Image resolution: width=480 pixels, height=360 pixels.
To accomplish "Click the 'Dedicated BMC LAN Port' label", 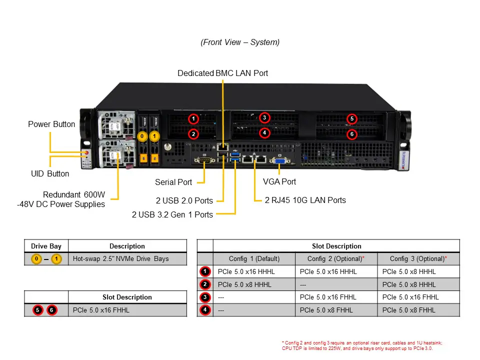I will (x=222, y=73).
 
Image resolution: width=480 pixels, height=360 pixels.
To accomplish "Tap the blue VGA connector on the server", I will (x=279, y=160).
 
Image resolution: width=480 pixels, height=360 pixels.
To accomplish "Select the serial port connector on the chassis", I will (x=204, y=160).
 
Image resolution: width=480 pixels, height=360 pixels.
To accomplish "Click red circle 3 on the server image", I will (x=264, y=117).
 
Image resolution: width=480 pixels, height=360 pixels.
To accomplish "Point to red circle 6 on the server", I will (x=352, y=134).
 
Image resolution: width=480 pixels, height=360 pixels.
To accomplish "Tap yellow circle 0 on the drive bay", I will (x=142, y=136).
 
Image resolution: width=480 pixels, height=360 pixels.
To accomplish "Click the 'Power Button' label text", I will (x=51, y=124).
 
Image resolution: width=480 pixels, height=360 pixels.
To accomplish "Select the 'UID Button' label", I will (x=50, y=173).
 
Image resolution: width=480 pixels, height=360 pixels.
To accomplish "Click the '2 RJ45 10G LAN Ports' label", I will (x=305, y=200).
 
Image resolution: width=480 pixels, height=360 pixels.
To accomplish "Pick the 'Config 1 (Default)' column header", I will (x=254, y=258).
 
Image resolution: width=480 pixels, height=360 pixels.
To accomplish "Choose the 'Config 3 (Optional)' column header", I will (x=418, y=258).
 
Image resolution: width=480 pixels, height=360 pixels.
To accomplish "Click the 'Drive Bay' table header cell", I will (x=46, y=246).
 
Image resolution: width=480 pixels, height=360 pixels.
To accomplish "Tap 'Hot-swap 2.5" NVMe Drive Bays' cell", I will (x=121, y=259).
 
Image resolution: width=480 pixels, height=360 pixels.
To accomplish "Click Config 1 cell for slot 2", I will (x=244, y=284).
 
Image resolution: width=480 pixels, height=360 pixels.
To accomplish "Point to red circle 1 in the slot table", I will (x=205, y=271).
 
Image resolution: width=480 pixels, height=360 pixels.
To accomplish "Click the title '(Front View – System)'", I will (x=240, y=42).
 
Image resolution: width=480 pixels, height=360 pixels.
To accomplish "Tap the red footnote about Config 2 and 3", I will (x=362, y=345).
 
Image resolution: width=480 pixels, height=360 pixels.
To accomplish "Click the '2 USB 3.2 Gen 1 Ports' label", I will (x=172, y=214).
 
